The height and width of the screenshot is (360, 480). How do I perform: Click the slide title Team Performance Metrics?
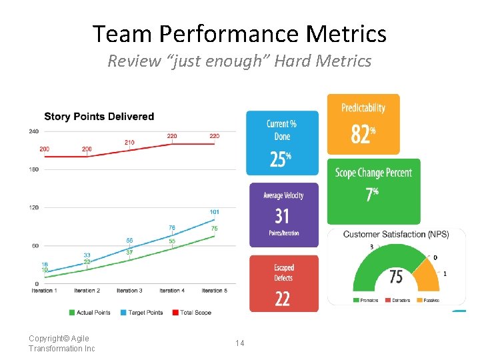click(239, 33)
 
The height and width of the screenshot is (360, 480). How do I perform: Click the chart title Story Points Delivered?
click(99, 117)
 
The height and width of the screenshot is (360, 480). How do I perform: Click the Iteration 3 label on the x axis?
click(129, 291)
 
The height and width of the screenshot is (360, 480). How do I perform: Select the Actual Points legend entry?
click(91, 312)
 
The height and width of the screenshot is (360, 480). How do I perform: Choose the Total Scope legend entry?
click(194, 312)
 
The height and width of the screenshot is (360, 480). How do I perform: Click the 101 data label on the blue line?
click(214, 212)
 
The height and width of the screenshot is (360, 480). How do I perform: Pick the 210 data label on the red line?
click(129, 142)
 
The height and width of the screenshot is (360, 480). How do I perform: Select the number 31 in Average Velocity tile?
click(282, 216)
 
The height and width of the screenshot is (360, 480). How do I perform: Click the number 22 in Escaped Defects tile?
click(283, 299)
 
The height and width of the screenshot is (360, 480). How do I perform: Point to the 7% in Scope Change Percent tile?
click(371, 195)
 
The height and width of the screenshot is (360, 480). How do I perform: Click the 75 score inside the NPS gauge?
click(396, 277)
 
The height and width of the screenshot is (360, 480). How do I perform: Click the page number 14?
click(239, 343)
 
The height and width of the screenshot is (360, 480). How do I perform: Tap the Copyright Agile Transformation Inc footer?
click(61, 343)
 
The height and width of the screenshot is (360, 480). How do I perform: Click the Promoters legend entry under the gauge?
click(366, 301)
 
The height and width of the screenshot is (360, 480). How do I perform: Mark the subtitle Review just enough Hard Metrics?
click(239, 61)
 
